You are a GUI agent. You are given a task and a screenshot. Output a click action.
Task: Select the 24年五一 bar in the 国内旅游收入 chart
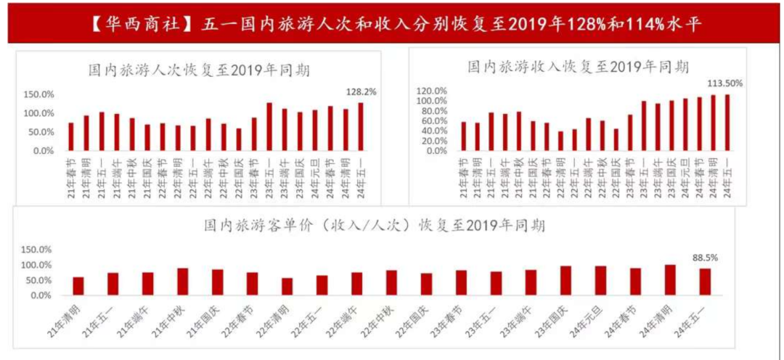727,123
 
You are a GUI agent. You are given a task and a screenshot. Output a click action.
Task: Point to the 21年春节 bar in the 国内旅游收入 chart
464,136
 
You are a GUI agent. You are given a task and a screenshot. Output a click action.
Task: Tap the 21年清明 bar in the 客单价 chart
78,286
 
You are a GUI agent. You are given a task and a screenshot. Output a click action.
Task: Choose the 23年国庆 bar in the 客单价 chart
565,281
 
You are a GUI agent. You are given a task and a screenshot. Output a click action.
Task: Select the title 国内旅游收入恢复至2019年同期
578,66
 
